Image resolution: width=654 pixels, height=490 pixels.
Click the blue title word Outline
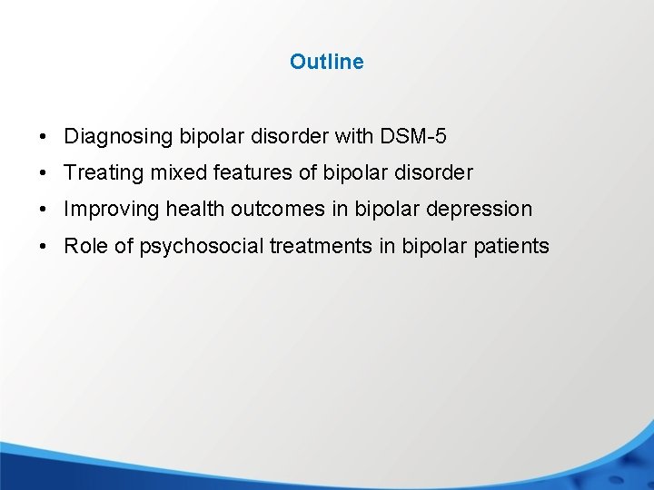click(x=326, y=62)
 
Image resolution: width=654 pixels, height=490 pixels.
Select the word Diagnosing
click(x=118, y=137)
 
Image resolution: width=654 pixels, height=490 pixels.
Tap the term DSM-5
click(x=413, y=137)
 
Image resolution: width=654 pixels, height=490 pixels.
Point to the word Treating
click(x=100, y=172)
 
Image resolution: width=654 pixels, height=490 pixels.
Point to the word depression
click(x=478, y=210)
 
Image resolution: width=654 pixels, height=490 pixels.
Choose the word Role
click(x=86, y=246)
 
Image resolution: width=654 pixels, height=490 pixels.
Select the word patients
click(x=515, y=246)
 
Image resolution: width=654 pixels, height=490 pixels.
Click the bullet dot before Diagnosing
click(x=44, y=138)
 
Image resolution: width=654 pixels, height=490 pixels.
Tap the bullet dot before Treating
click(x=44, y=173)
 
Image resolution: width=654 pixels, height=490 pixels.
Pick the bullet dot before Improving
click(x=44, y=210)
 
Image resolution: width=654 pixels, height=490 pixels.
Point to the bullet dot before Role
click(x=44, y=247)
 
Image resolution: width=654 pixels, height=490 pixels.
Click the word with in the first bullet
click(x=351, y=137)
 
